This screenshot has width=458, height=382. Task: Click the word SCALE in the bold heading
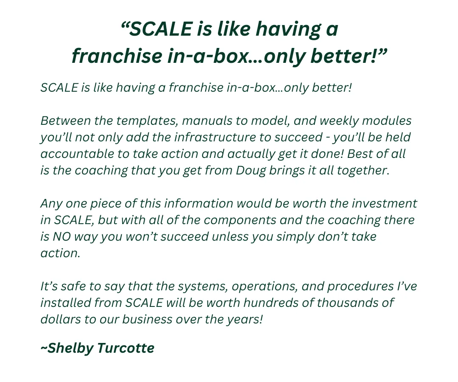pyautogui.click(x=160, y=29)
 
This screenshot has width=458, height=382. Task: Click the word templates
pyautogui.click(x=147, y=121)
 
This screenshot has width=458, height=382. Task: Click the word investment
pyautogui.click(x=384, y=203)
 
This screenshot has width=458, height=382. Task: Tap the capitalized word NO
pyautogui.click(x=61, y=236)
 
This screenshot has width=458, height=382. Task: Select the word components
pyautogui.click(x=240, y=220)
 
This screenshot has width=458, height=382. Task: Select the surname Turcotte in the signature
pyautogui.click(x=126, y=348)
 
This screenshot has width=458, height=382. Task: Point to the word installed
pyautogui.click(x=61, y=303)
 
